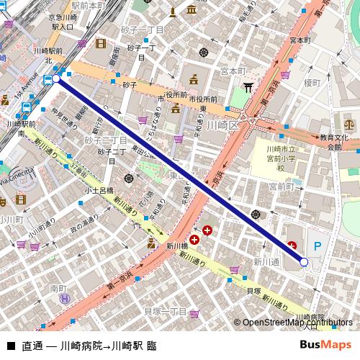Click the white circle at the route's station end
[56, 78]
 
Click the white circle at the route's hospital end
[304, 262]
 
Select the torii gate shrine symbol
[249, 88]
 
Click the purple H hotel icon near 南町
[64, 298]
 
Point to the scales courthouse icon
[349, 115]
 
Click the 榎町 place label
[311, 83]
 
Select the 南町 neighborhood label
[59, 287]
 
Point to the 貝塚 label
[253, 291]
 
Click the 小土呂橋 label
[99, 191]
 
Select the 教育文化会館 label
[334, 141]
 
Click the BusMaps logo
[325, 344]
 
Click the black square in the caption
[10, 345]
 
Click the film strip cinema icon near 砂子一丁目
[100, 43]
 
